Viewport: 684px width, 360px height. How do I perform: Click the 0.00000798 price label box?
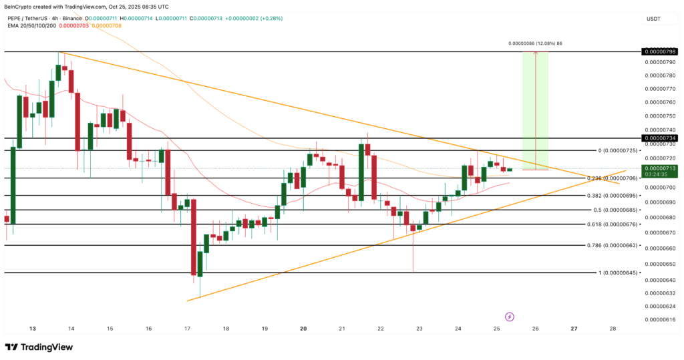pos(660,51)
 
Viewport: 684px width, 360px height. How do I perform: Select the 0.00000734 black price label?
pos(660,138)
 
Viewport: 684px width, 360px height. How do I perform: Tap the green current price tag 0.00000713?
pos(660,168)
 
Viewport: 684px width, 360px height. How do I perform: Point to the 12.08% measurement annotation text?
pos(534,43)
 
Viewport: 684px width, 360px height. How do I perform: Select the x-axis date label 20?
pos(303,329)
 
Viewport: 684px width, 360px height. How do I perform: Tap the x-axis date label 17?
pos(188,329)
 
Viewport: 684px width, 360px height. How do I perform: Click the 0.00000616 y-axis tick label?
pos(660,320)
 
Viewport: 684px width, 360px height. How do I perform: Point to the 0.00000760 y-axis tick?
pos(660,102)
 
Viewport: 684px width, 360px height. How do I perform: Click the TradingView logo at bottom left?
pos(39,347)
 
